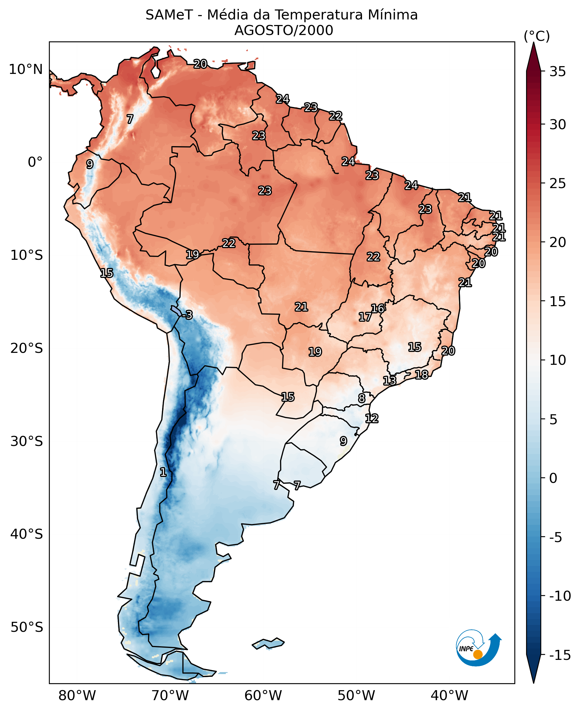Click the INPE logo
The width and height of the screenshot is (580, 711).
click(x=478, y=648)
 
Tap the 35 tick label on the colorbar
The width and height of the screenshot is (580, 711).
click(x=557, y=71)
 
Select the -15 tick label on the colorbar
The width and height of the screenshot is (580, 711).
click(x=560, y=655)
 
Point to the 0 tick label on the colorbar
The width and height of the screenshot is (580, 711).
click(x=553, y=478)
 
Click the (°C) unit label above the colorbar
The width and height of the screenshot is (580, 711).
click(x=537, y=36)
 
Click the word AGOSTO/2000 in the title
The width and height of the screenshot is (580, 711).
click(x=284, y=30)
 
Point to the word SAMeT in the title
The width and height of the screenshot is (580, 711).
click(x=169, y=15)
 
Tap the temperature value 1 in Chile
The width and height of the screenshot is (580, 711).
click(x=163, y=472)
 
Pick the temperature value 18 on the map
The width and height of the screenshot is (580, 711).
click(x=421, y=375)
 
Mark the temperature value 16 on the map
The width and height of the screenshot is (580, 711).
click(x=378, y=308)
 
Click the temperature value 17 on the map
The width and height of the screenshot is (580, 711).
click(x=365, y=317)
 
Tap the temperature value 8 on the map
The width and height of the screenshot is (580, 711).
click(x=361, y=398)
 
